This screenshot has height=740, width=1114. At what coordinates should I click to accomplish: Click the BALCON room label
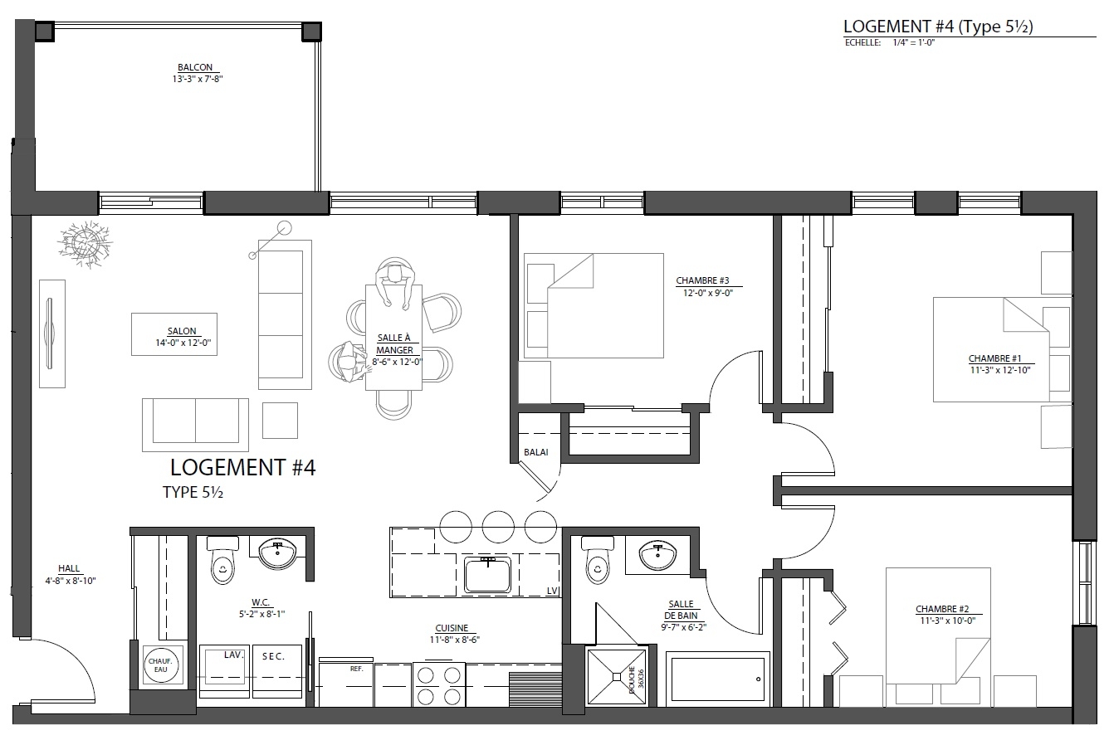tap(195, 67)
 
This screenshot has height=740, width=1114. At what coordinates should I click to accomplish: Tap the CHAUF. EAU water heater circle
tap(160, 665)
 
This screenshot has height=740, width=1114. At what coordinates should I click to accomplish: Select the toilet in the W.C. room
tap(222, 560)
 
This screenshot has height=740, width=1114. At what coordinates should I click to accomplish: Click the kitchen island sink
tap(487, 575)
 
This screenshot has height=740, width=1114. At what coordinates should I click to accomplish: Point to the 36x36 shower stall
tap(617, 676)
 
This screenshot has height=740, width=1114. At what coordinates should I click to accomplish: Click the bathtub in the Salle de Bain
tap(718, 679)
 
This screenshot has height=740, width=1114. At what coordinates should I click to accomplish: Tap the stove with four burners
tap(438, 684)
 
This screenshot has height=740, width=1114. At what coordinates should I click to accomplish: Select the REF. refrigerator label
tap(356, 669)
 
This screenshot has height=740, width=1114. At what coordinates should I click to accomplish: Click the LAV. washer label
tap(233, 655)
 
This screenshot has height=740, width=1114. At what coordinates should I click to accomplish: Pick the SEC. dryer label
tap(274, 656)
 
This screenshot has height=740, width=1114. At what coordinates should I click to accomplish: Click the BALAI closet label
tap(535, 452)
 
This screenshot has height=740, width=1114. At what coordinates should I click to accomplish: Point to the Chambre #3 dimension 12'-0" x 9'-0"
tap(708, 293)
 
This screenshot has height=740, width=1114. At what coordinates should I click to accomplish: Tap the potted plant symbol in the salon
tap(85, 244)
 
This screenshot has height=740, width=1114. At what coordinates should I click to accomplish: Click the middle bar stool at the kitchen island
tap(498, 527)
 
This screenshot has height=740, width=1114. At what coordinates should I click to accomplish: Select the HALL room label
tap(69, 568)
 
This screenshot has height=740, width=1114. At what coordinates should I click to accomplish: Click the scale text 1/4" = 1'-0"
tap(914, 43)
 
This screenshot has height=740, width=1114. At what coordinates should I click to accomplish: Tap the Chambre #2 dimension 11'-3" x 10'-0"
tap(947, 621)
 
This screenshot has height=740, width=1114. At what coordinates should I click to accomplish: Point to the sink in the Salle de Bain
tap(657, 555)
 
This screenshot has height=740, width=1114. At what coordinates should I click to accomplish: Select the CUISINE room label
tap(452, 628)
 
